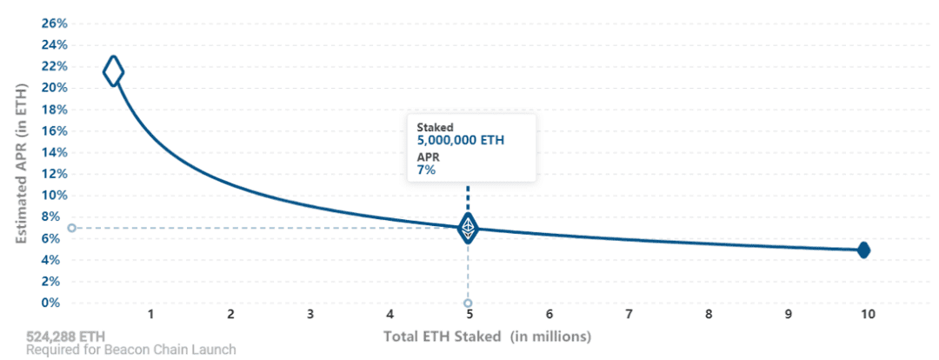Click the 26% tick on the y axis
point(54,23)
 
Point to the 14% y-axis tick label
point(54,153)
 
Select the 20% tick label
point(54,88)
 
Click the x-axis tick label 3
point(310,314)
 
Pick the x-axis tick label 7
point(629,314)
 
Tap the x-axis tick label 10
point(867,314)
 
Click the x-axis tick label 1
point(151,314)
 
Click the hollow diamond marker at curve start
point(113,72)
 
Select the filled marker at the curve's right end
point(863,250)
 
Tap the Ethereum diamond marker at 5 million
point(468,228)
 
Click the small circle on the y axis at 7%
point(72,228)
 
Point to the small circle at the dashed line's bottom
point(468,303)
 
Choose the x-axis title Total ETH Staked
point(443,337)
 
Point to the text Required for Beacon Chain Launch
point(130,350)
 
